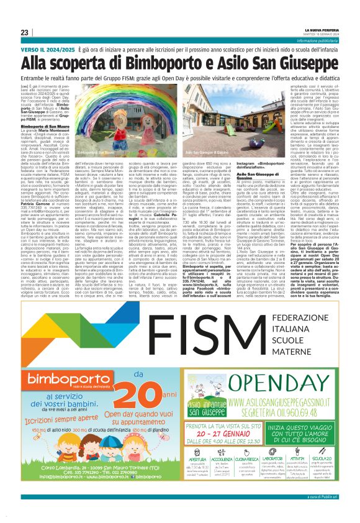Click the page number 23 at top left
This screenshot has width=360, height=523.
click(25, 32)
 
